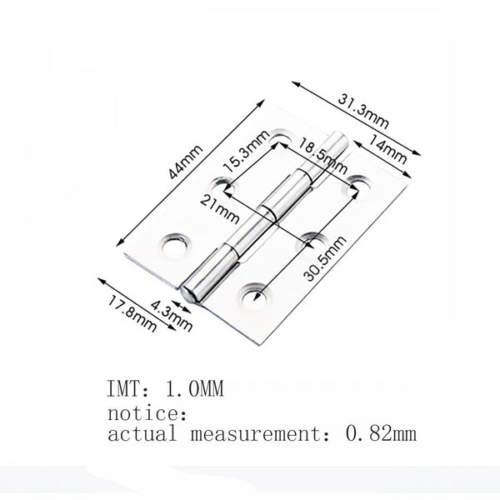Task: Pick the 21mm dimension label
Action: [x=216, y=209]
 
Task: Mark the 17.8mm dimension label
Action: [x=132, y=312]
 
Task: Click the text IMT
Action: [x=123, y=389]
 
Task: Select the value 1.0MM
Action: [x=198, y=389]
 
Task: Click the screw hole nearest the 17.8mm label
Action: [x=177, y=243]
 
